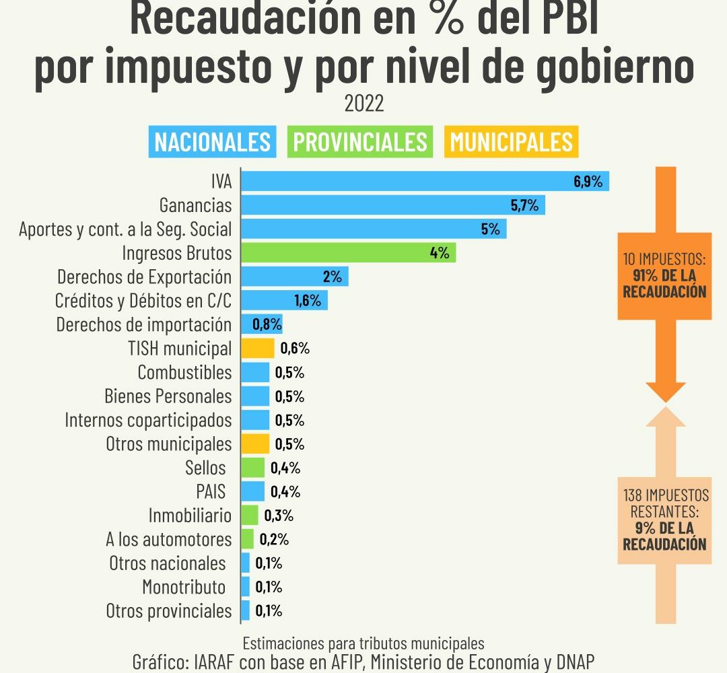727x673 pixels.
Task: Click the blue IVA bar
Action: coord(425,181)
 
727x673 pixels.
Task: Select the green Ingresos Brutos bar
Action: coord(348,252)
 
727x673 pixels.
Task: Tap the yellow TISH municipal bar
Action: coord(258,348)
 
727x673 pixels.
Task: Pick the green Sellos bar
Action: coord(252,467)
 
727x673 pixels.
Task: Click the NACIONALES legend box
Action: coord(212,142)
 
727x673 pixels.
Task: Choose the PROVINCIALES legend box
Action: coord(359,142)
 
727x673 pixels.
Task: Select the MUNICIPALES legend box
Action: coord(512,142)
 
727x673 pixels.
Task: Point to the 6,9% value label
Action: coord(588,181)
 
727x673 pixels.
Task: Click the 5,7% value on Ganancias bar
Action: coord(524,205)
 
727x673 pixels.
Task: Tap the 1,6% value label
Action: coord(308,300)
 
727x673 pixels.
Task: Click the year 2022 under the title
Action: coord(364,104)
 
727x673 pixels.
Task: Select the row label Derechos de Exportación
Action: coord(144,277)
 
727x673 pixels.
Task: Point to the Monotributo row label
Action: coord(184,587)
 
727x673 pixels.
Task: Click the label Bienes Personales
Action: coord(168,396)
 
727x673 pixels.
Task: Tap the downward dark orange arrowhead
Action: coord(666,392)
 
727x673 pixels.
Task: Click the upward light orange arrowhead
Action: coord(666,417)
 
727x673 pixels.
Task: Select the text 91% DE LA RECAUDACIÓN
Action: coord(664,283)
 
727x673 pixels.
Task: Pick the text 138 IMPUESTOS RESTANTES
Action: coord(666,503)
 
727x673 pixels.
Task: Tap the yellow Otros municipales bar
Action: coord(255,444)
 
